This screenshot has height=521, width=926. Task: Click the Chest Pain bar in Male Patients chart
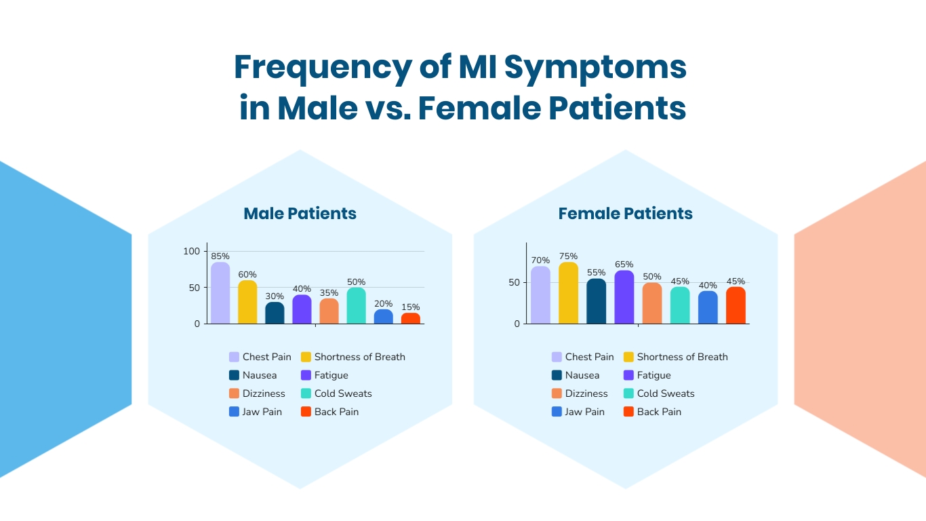220,293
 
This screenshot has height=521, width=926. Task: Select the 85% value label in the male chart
220,256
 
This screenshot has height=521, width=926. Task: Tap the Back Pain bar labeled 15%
410,318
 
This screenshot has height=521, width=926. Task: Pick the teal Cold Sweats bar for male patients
356,306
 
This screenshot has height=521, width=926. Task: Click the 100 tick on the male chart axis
192,251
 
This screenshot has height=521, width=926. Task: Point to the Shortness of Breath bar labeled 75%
569,293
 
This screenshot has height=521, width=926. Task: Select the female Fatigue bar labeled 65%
624,297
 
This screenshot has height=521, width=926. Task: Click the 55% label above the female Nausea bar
597,272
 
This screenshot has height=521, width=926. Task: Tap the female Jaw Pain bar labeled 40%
708,307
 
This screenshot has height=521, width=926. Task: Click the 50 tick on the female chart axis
515,282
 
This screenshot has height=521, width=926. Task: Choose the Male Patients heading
300,214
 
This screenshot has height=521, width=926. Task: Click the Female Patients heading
625,214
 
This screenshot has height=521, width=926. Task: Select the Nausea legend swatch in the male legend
234,375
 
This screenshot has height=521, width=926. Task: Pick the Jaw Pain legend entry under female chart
584,412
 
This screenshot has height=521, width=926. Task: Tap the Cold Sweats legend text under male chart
343,393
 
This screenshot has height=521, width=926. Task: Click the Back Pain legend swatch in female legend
628,412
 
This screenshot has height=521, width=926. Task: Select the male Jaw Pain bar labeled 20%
383,317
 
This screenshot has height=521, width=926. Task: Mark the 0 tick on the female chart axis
517,324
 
